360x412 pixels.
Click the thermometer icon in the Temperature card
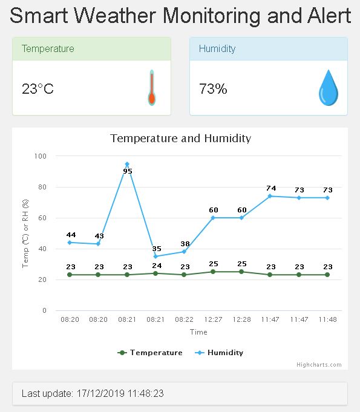(x=152, y=88)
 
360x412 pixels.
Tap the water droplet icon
(x=328, y=88)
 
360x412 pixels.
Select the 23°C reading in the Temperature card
(x=38, y=89)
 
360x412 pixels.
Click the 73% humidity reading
(x=213, y=89)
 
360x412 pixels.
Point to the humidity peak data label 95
(x=128, y=171)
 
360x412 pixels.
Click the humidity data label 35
(x=156, y=249)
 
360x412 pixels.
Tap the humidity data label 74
(x=270, y=188)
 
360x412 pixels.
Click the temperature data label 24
(x=156, y=266)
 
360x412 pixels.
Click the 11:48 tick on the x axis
(x=327, y=319)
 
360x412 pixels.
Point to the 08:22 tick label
(x=184, y=319)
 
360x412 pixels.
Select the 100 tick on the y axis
(x=41, y=156)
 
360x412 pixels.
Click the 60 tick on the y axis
(x=42, y=218)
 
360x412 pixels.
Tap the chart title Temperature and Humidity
(x=180, y=139)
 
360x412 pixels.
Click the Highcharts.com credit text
(x=319, y=365)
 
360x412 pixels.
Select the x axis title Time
(x=198, y=332)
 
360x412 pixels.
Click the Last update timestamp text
(x=93, y=393)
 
